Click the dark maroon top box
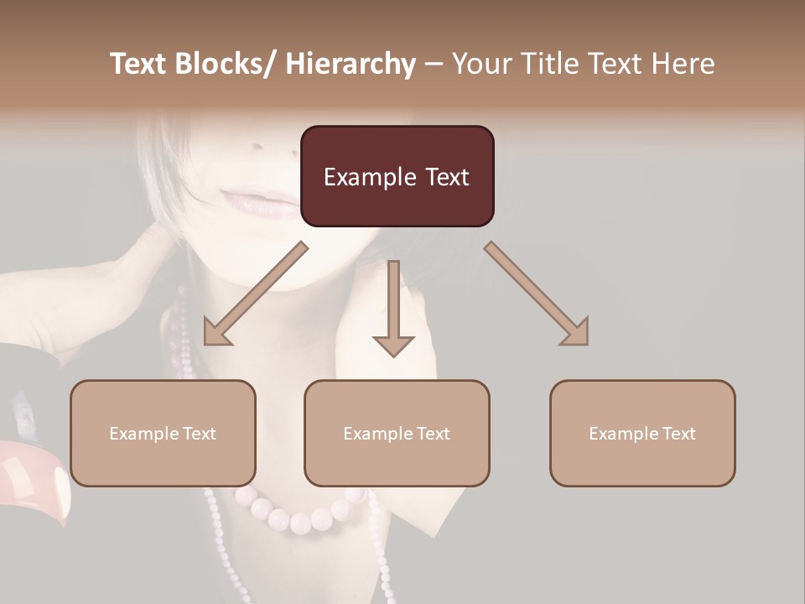click(397, 176)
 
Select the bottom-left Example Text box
click(163, 433)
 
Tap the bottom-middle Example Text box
click(397, 433)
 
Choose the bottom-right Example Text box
click(642, 433)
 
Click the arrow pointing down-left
click(256, 294)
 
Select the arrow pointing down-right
click(536, 293)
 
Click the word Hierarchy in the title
click(351, 64)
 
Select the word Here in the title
click(682, 64)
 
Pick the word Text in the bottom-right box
click(678, 433)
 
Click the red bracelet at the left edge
click(34, 478)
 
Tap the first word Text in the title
click(141, 64)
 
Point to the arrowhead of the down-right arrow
click(576, 332)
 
